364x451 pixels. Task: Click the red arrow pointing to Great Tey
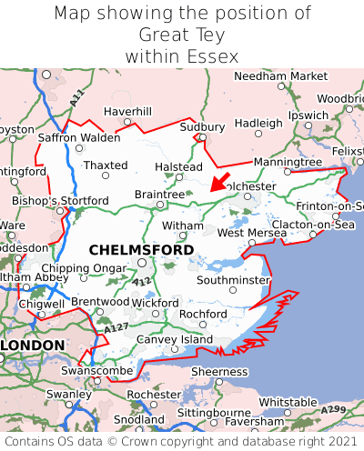219,180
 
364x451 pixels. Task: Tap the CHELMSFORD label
141,249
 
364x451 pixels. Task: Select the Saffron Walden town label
78,137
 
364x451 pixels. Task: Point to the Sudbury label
203,126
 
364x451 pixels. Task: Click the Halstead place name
178,167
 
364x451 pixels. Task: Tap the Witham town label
183,225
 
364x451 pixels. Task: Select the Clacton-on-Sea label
312,224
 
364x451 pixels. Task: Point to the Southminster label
234,280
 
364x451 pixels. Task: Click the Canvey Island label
174,339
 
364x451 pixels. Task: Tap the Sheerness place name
218,371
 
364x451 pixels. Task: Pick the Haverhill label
127,111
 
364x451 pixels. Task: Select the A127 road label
116,327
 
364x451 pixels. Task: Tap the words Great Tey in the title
182,35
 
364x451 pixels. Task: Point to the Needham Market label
278,75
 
